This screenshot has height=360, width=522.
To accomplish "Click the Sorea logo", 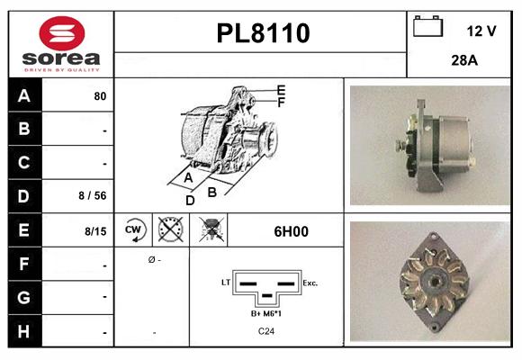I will click(x=60, y=44).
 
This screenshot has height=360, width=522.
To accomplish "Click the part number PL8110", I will click(x=263, y=33).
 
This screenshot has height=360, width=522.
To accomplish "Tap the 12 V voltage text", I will click(x=481, y=31).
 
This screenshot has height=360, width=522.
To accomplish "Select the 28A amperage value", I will click(x=464, y=62).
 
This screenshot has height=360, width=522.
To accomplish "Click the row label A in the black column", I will click(x=23, y=95).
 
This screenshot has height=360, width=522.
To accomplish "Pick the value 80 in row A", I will click(x=100, y=95).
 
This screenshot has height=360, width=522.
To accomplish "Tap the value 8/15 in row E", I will click(x=95, y=231).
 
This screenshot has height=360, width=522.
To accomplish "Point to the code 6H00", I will click(x=290, y=231).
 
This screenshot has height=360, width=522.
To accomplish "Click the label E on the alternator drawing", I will click(x=281, y=90).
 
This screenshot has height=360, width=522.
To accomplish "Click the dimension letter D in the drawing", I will click(x=190, y=201).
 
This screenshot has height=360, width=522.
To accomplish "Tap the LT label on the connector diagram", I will click(x=225, y=282).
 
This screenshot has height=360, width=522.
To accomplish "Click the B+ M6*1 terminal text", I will click(x=266, y=313).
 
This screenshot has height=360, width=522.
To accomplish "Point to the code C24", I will click(x=266, y=331).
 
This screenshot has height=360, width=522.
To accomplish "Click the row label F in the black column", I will click(x=23, y=265).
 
